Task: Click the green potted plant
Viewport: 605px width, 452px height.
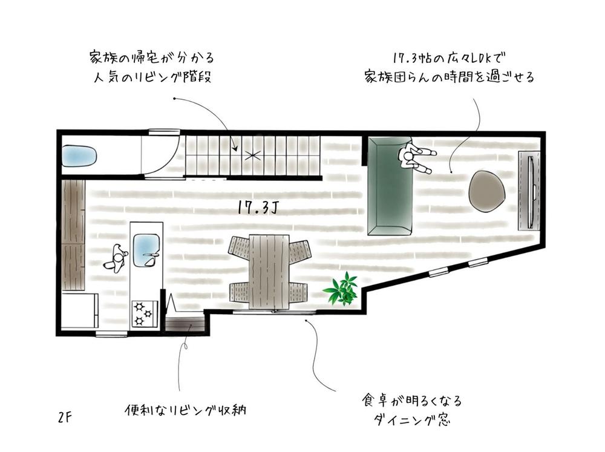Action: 342,289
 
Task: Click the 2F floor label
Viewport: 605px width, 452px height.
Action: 65,418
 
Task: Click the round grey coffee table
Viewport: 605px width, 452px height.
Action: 487,191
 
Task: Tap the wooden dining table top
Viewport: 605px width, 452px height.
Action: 269,270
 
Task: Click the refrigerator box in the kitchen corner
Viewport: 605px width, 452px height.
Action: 80,311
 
